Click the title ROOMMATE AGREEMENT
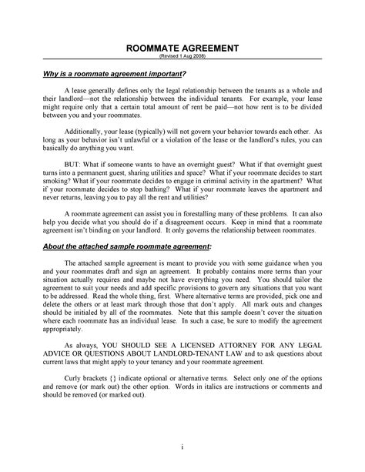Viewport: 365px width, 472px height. (182, 47)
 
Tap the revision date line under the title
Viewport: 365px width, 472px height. (182, 56)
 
